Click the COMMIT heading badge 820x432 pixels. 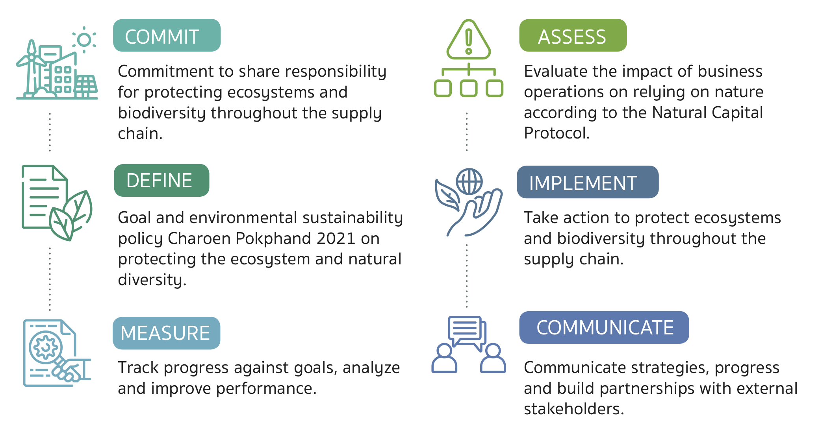coord(167,35)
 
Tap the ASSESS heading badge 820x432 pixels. coord(573,35)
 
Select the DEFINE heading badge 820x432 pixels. coord(161,180)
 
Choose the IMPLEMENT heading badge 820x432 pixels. coord(588,182)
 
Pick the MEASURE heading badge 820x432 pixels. coord(166,333)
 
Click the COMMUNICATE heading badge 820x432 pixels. coord(604,327)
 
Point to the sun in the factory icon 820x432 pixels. coord(84,40)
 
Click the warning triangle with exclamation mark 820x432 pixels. coord(469,39)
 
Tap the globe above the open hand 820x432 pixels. coord(469,181)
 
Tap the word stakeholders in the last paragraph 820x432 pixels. coord(574,409)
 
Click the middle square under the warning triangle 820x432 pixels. coord(469,88)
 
